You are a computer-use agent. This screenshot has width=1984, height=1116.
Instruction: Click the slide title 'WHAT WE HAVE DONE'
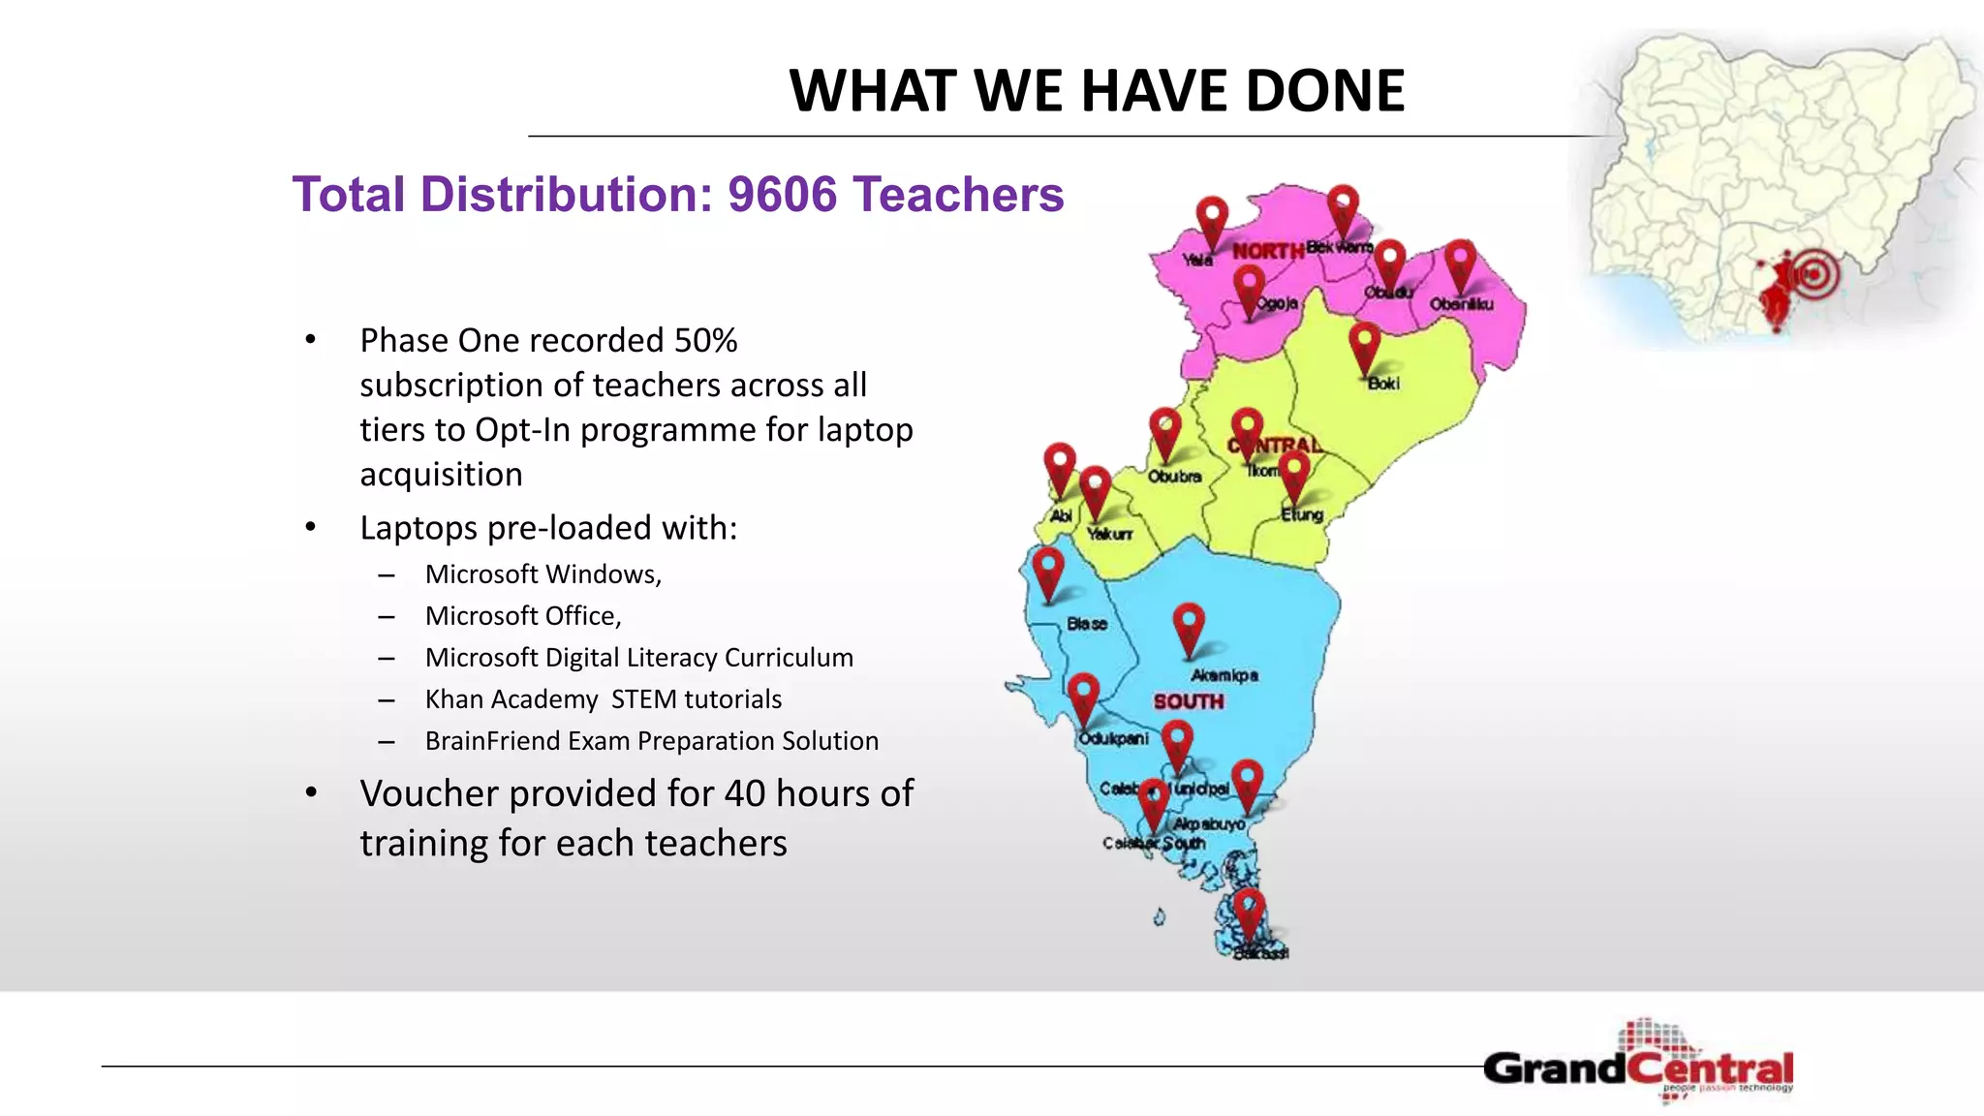coord(1097,91)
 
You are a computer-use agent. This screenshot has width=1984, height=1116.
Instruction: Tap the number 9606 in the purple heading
coord(782,195)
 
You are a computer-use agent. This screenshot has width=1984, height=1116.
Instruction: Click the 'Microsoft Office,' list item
coord(523,616)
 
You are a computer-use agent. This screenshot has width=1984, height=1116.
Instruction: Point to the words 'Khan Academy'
coord(511,699)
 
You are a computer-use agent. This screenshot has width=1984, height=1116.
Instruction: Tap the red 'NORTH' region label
coord(1267,251)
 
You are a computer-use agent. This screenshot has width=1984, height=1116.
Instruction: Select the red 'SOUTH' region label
coord(1188,701)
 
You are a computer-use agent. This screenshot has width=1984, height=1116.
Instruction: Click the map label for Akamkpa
coord(1224,675)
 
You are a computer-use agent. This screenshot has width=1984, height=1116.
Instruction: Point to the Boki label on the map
coord(1382,384)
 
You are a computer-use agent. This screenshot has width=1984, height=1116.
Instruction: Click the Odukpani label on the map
coord(1113,739)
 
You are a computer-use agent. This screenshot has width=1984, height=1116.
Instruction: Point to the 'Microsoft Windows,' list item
coord(542,574)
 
